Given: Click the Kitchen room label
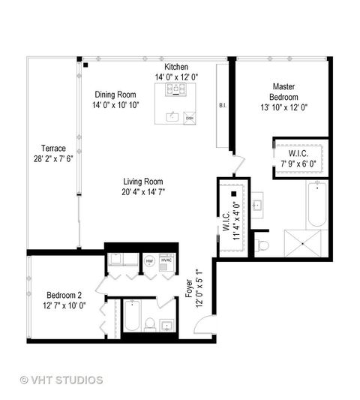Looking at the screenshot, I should point(176,68).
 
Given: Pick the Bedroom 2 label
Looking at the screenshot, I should point(64,294).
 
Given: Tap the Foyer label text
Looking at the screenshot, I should point(189,289).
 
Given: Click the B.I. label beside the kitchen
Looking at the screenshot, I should point(223,106).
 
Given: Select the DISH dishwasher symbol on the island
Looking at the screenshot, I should point(189,118).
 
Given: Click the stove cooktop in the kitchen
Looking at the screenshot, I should point(176,91).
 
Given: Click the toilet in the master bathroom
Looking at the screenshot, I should point(262,244).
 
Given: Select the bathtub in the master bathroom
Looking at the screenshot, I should point(316,205).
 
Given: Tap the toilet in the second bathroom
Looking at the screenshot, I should point(150,323).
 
